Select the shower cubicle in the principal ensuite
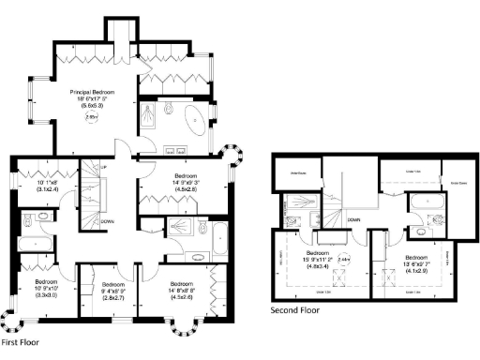151,116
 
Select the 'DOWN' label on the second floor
353,219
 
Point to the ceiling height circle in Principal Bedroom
91,118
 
